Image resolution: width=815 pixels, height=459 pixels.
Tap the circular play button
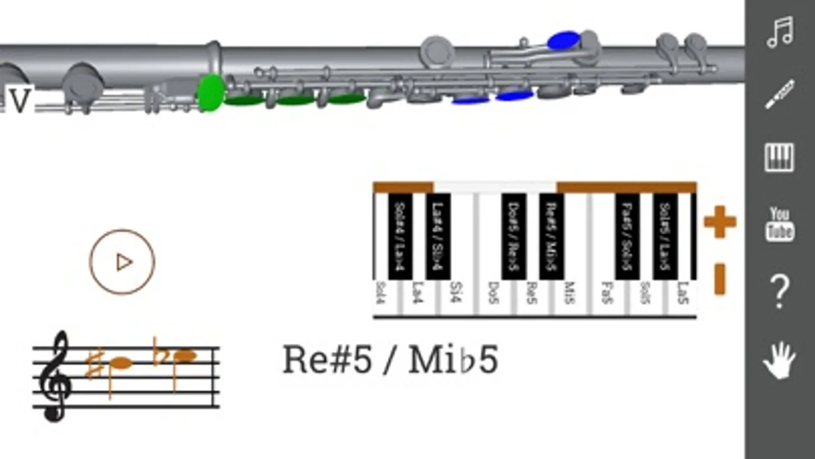122,262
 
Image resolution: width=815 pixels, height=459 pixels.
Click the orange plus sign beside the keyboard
720,222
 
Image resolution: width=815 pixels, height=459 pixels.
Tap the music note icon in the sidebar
780,33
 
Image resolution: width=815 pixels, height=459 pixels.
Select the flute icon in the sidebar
780,94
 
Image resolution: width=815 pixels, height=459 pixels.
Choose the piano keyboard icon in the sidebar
780,157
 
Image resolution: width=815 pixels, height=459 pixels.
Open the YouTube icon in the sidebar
780,224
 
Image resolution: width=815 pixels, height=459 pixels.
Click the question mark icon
780,292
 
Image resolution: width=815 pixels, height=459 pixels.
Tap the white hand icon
780,360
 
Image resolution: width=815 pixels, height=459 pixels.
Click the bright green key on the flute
210,92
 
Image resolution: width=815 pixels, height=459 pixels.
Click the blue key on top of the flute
563,40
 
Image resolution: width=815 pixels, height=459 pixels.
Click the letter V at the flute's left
19,100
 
